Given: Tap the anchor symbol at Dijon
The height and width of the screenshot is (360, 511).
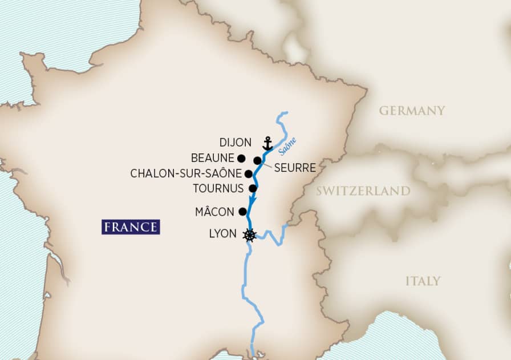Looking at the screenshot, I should point(267,143).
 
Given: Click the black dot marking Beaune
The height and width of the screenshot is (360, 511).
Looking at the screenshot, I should point(241,158).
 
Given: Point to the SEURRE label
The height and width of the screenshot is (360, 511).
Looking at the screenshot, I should point(295,168).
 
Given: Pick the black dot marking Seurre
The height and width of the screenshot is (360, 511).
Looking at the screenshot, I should point(258,160).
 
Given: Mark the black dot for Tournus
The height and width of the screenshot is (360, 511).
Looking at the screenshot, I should point(253,188).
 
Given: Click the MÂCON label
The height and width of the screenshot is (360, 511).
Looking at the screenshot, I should point(214,212).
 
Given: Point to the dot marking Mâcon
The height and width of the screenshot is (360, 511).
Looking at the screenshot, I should point(243,211).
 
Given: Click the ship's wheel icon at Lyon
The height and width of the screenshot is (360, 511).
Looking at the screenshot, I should point(249,235).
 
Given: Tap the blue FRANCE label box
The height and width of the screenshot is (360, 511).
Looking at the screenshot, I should point(131,226).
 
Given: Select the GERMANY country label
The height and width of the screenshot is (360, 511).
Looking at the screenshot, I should point(412,111).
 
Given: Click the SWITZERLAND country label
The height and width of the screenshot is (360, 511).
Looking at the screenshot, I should point(363,191).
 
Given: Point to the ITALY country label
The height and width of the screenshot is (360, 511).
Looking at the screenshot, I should point(423,281).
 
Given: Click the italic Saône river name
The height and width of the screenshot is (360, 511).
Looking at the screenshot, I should point(288,146).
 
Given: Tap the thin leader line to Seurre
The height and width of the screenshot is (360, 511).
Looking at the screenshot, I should point(267,165).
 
